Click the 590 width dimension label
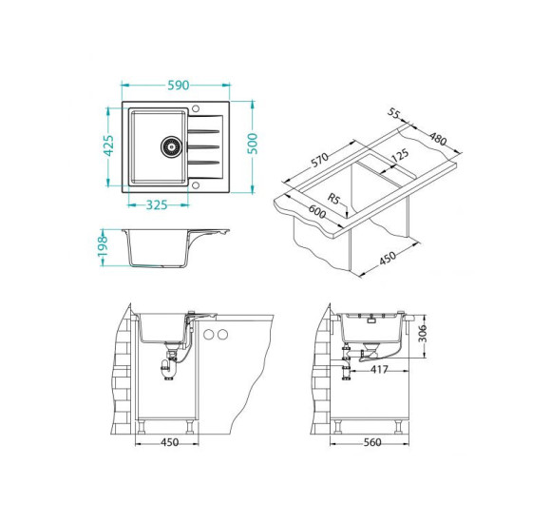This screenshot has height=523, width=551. tap(179, 86)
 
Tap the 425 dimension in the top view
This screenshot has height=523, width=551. tap(109, 145)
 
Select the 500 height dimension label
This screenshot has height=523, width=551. tap(253, 144)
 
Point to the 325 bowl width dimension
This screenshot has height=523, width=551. tap(157, 204)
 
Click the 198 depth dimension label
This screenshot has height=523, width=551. tap(103, 246)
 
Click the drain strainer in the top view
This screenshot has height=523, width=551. tap(172, 146)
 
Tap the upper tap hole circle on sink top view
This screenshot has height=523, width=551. tap(196, 108)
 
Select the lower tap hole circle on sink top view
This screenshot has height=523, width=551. tap(196, 185)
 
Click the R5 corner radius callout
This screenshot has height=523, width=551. tap(334, 199)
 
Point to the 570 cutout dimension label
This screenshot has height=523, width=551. tap(320, 160)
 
